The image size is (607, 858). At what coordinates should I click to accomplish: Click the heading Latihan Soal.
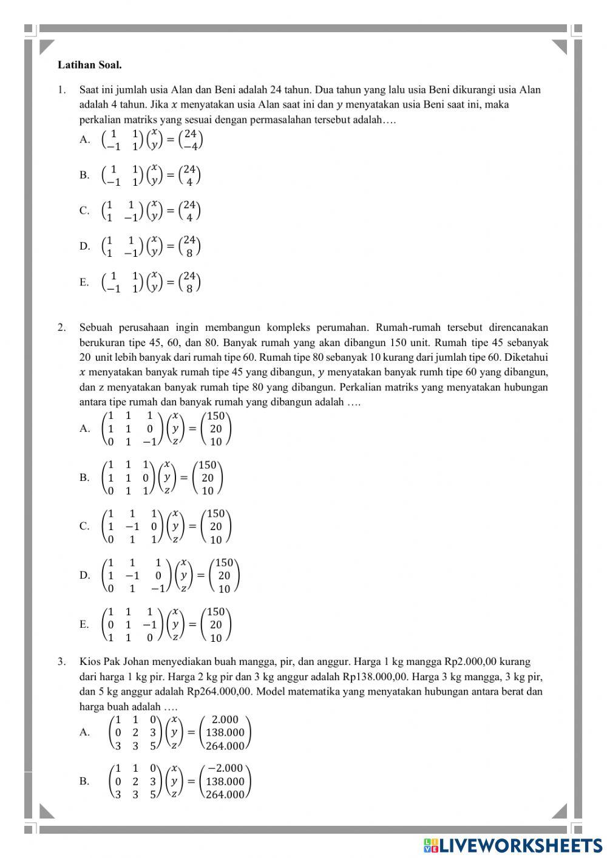pyautogui.click(x=89, y=64)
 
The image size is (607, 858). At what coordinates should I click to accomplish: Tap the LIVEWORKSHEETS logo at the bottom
pyautogui.click(x=513, y=845)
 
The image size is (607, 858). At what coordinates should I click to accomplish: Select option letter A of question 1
pyautogui.click(x=84, y=140)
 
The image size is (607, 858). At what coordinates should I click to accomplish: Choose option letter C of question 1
pyautogui.click(x=84, y=211)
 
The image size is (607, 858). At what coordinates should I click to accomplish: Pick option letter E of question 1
pyautogui.click(x=84, y=282)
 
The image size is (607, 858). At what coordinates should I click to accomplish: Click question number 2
pyautogui.click(x=61, y=328)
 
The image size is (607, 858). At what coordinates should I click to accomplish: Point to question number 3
pyautogui.click(x=61, y=662)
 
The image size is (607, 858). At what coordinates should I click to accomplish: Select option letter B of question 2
pyautogui.click(x=84, y=477)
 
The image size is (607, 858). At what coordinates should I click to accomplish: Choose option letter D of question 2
pyautogui.click(x=84, y=575)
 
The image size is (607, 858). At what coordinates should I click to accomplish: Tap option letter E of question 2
pyautogui.click(x=84, y=624)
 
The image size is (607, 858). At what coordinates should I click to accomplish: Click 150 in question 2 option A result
pyautogui.click(x=216, y=416)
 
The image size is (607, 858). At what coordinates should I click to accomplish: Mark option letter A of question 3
pyautogui.click(x=84, y=732)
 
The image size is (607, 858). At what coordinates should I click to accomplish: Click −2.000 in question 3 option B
pyautogui.click(x=225, y=768)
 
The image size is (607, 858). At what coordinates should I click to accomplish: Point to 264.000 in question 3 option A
pyautogui.click(x=225, y=746)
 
